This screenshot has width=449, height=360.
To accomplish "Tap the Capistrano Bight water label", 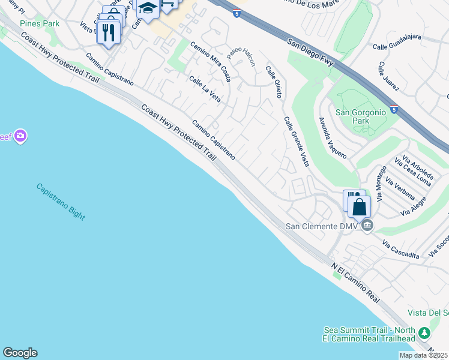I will (61, 201).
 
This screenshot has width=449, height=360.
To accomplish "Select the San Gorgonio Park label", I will (361, 116).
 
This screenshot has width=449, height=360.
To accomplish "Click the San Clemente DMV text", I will (321, 226).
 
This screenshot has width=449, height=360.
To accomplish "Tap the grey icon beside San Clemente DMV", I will (367, 226).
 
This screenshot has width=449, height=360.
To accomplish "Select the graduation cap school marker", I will (147, 8).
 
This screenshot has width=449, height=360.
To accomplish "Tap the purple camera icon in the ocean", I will (21, 136).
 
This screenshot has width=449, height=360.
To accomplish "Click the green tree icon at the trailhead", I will (424, 332).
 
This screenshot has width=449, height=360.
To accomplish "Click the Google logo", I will (20, 353).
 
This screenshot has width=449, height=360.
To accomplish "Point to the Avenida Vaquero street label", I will (333, 137).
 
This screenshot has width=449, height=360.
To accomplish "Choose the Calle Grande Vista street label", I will (297, 141).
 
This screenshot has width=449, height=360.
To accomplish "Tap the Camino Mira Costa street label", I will (211, 61).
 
